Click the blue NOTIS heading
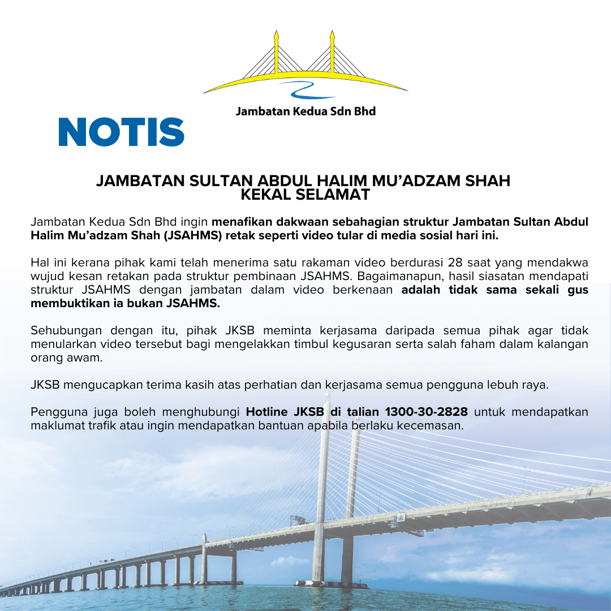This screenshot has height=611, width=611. [121, 132]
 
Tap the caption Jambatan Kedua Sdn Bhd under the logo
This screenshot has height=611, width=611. [305, 111]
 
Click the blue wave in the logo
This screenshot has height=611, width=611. [308, 89]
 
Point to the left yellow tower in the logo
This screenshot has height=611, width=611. [276, 54]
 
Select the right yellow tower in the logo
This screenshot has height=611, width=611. [332, 54]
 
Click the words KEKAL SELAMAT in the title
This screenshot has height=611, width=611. [305, 195]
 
